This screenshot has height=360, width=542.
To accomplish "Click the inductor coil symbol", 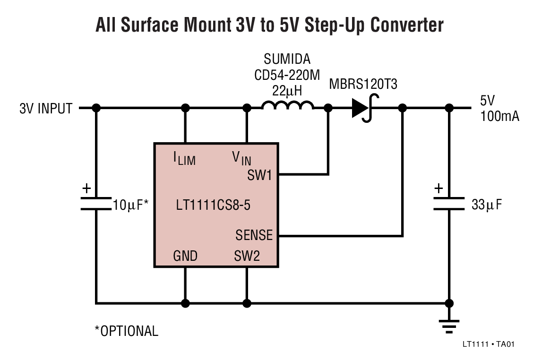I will tap(287, 105).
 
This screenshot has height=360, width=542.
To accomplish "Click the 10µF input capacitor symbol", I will tap(96, 203).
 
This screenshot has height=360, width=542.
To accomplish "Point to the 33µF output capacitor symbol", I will tap(448, 203).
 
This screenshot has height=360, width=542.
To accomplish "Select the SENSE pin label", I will tap(254, 235).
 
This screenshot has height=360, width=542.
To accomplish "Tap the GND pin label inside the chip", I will tap(185, 256).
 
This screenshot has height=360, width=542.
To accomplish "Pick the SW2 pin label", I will tap(247, 256).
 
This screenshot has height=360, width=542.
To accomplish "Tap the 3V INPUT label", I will tap(46, 109).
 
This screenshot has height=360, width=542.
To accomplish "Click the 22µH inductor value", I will tap(287, 90).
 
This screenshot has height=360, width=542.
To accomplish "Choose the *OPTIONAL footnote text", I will tap(127, 331).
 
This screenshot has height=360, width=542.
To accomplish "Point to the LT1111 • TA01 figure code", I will tap(488, 344).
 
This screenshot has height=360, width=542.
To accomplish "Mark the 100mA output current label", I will tap(500, 116).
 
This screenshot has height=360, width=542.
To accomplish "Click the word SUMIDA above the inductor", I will tap(287, 60).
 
